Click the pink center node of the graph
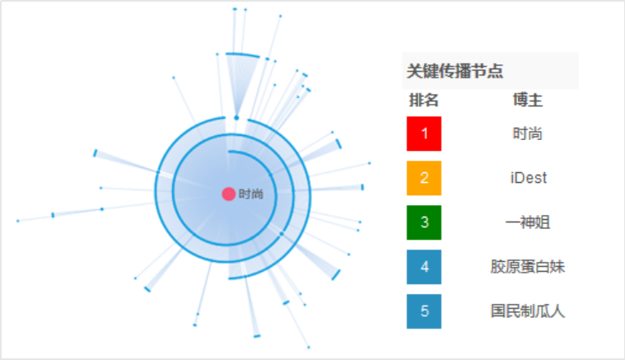(x=228, y=194)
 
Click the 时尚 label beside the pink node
(x=250, y=194)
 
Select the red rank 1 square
(x=424, y=133)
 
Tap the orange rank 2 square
(x=424, y=178)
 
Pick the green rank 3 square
(x=424, y=222)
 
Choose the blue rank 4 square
(x=424, y=267)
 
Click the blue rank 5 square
(x=424, y=311)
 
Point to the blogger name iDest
(x=528, y=178)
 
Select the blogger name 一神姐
(x=528, y=222)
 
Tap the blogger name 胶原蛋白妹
(x=528, y=267)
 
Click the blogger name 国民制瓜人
(x=528, y=311)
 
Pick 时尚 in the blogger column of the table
(x=528, y=133)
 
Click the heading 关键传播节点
(x=455, y=71)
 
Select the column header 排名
(x=424, y=100)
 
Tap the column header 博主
(x=528, y=100)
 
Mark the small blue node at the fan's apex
(x=236, y=118)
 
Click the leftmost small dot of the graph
(x=18, y=221)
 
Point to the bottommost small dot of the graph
(x=309, y=348)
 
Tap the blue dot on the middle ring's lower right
(x=282, y=234)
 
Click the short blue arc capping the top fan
(x=243, y=54)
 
